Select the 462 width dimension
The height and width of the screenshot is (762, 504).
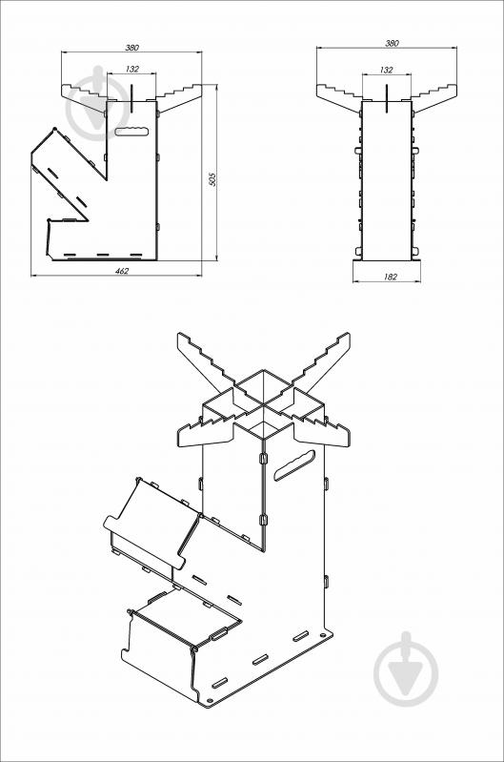coord(121,272)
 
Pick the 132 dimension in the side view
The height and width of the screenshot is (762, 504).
coord(131,70)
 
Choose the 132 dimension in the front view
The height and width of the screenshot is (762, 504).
coord(386,70)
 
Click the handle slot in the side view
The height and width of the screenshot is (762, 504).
coord(131,131)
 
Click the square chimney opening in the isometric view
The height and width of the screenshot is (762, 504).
coord(264,387)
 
